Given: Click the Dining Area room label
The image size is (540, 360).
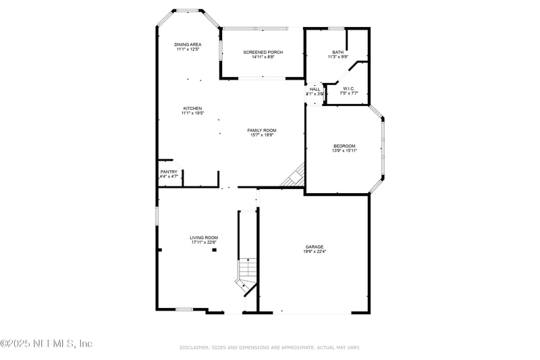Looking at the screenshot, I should click(187, 44).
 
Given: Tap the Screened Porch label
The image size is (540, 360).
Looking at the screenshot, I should click(263, 52).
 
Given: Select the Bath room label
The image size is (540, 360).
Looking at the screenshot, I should click(338, 52).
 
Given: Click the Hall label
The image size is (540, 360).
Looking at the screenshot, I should click(315, 89).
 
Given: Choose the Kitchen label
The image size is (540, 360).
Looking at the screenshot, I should click(192, 108).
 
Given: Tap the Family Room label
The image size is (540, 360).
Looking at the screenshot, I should click(262, 130).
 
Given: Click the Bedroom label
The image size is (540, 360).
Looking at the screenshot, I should click(344, 146).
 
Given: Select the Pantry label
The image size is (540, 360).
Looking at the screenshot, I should click(169, 172).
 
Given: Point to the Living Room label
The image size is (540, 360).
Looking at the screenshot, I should click(203, 238).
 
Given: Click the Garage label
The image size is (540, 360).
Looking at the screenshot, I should click(314, 247).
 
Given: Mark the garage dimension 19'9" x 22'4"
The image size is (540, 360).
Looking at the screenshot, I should click(314, 251).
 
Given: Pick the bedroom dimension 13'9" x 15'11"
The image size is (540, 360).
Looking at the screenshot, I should click(344, 151).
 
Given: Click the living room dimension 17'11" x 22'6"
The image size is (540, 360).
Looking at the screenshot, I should click(203, 242).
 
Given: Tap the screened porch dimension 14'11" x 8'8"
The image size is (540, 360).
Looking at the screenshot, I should click(263, 57).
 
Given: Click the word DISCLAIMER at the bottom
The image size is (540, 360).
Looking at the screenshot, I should click(195, 347).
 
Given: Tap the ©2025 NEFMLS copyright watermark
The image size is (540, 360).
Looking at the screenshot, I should click(47, 344).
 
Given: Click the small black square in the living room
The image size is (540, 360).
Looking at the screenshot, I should click(215, 250).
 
